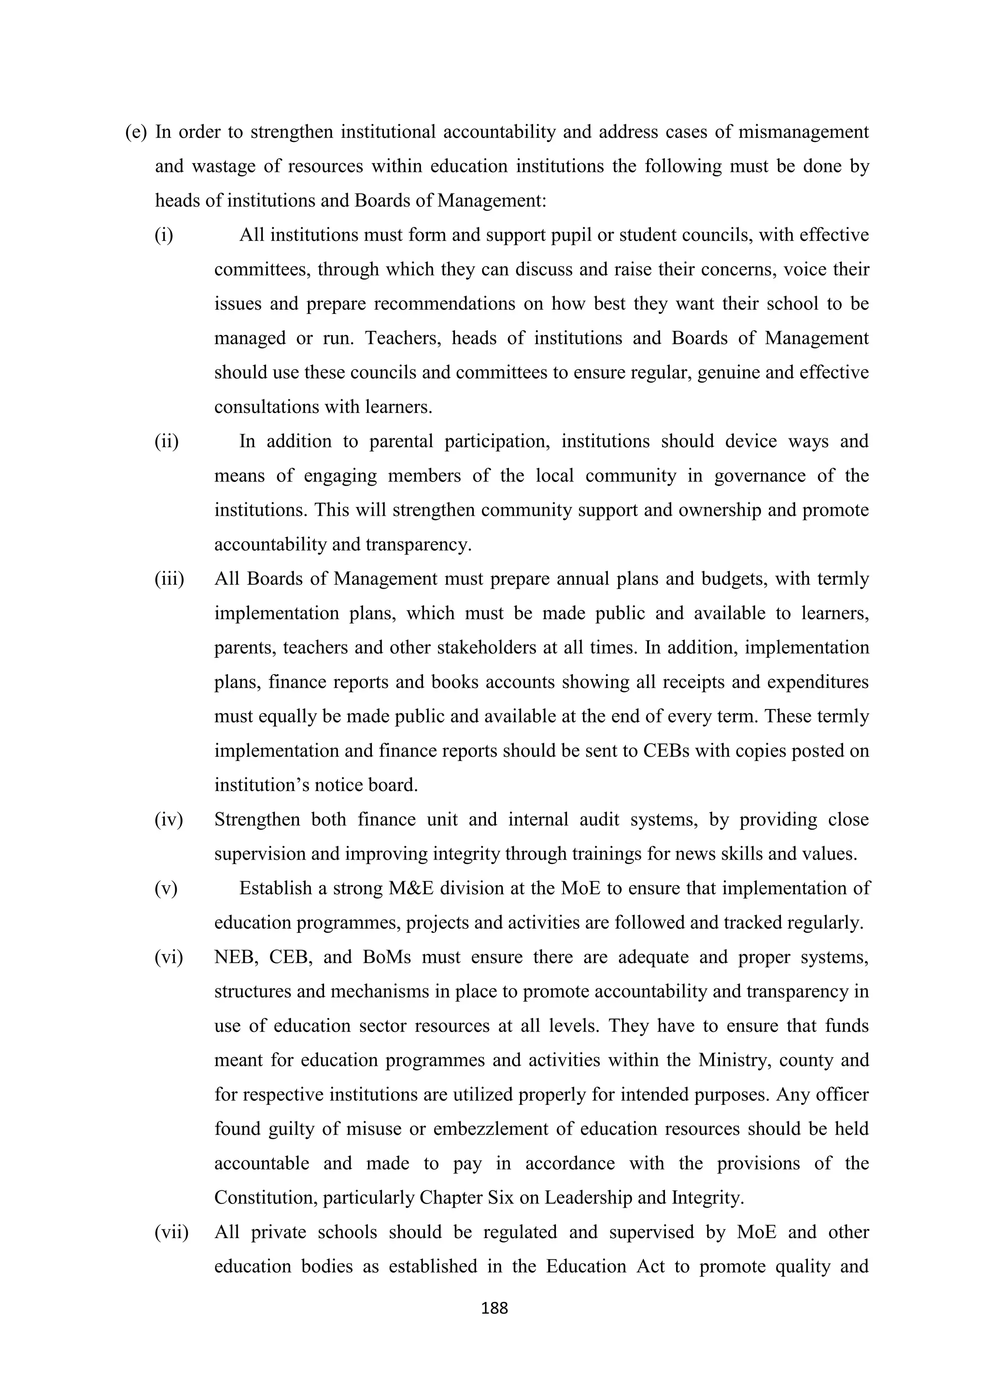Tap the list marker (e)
136,132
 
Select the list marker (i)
164,235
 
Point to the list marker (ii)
166,441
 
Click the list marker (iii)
169,579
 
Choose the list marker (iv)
168,819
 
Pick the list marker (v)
166,889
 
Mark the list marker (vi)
168,957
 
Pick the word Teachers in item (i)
403,338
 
